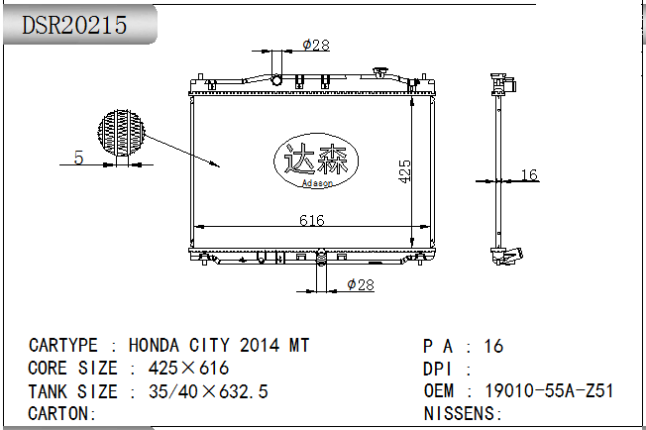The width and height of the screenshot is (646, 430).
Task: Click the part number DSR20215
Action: tap(74, 25)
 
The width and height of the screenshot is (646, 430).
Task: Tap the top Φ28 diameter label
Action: tap(316, 45)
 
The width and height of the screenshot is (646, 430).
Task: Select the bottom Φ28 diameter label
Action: tap(361, 284)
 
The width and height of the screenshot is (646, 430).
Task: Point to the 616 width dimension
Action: tap(312, 220)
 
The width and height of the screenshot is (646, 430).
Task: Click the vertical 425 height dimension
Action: tap(404, 171)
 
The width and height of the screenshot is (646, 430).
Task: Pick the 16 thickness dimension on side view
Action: tap(529, 174)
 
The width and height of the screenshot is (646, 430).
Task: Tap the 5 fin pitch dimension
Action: tap(78, 158)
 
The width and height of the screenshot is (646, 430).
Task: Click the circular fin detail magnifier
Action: tap(122, 133)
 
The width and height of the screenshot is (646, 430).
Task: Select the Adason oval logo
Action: tap(316, 161)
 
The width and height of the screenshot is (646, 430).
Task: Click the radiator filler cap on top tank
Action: tap(379, 72)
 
